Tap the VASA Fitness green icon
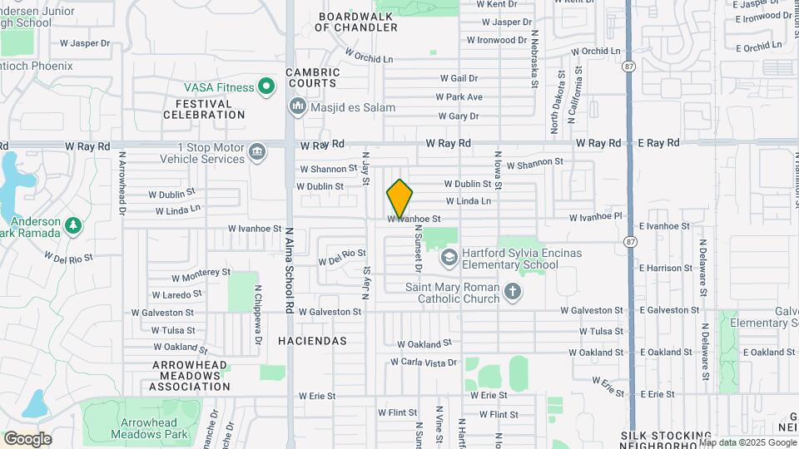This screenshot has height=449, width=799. click(266, 86)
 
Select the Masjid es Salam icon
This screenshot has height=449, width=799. click(297, 106)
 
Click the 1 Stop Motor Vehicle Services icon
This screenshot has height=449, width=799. click(258, 151)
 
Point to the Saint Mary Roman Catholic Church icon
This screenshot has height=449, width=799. click(513, 292)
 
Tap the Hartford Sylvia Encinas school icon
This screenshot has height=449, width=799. click(449, 258)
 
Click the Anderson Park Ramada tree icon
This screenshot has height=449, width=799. click(73, 225)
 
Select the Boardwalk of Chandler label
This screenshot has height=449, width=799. click(356, 22)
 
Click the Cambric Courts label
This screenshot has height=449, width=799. click(312, 77)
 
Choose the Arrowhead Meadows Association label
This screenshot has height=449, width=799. click(191, 376)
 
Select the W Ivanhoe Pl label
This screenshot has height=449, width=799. click(595, 217)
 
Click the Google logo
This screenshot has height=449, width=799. click(27, 439)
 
